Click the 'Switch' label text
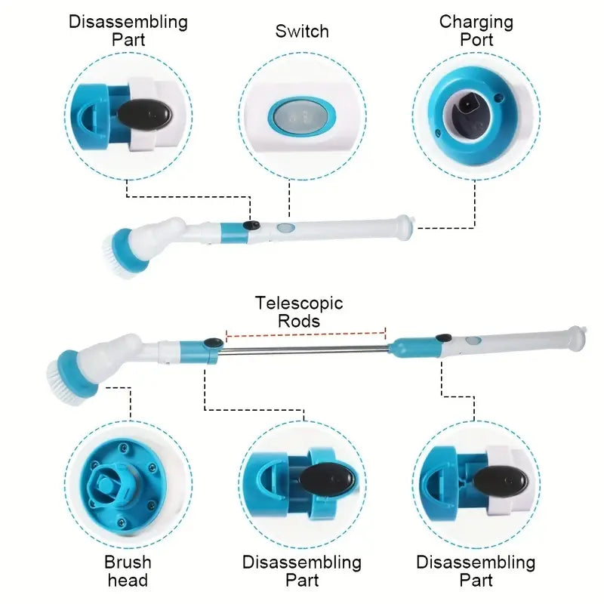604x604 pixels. (302, 31)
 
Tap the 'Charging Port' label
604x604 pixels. (476, 30)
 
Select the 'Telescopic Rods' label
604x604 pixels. (299, 312)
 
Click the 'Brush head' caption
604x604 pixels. (128, 572)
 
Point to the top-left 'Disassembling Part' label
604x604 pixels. (128, 30)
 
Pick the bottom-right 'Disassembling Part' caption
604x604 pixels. (476, 572)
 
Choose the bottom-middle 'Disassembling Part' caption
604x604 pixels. (302, 572)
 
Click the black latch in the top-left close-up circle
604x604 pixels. (145, 115)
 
